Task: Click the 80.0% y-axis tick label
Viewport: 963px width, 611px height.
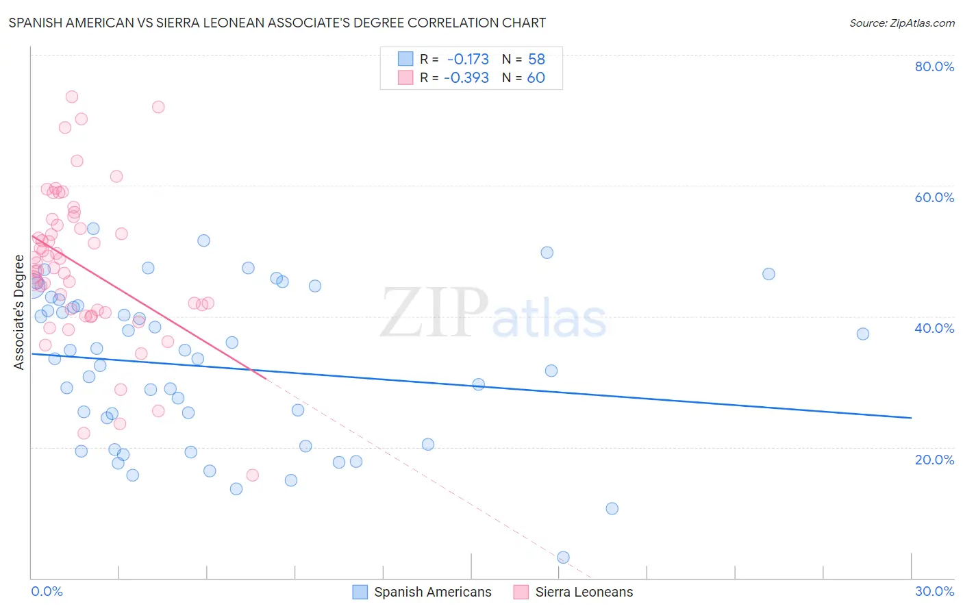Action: pos(934,66)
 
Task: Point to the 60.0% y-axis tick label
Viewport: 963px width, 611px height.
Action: pos(934,197)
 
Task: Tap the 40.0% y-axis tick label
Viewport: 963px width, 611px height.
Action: pos(934,328)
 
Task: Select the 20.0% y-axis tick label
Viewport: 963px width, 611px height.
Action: pos(934,460)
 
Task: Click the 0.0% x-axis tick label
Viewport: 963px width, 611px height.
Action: pos(47,591)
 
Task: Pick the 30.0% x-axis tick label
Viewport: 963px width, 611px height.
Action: pos(934,591)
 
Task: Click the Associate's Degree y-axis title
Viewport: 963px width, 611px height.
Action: pos(18,312)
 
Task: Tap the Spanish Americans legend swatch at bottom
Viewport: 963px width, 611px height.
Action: pos(360,592)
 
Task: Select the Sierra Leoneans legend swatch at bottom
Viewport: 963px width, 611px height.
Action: pos(521,592)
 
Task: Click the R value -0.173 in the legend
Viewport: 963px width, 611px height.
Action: pos(468,59)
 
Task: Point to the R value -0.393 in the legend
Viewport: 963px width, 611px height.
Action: pos(466,77)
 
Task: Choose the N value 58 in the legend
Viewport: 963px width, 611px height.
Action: pos(536,59)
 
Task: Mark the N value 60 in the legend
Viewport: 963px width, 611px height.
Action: pos(536,77)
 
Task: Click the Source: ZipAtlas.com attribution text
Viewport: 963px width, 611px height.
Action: pos(901,23)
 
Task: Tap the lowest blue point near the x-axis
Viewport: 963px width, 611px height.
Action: pos(563,558)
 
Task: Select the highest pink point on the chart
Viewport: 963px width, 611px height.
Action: pos(72,97)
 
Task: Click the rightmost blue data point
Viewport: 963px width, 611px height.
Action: pos(863,334)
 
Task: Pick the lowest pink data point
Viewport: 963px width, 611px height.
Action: pos(252,475)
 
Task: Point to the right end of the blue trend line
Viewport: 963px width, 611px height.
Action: pos(911,418)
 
